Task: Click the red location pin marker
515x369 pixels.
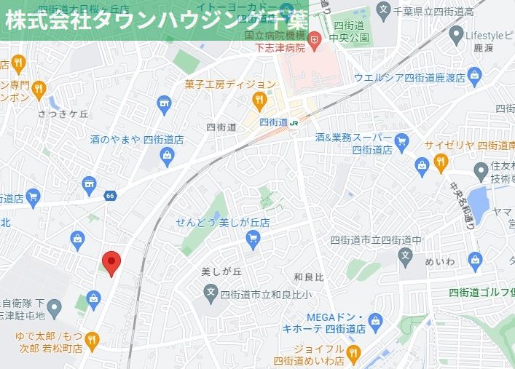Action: coord(110,261)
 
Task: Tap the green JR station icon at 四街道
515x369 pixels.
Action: coord(294,123)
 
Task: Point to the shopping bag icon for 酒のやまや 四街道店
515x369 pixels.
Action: coord(168,154)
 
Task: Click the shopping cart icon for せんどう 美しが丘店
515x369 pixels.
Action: coord(253,237)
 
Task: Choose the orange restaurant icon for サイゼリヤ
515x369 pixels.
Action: coord(440,162)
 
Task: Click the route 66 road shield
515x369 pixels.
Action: coord(110,196)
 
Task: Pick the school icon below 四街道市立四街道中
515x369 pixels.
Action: coord(406,255)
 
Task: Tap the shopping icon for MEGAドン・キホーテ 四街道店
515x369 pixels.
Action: coord(376,321)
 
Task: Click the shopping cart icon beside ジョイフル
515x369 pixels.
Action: coord(353,354)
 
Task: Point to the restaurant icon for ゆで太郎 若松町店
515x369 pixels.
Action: coord(91,338)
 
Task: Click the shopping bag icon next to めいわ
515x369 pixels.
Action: coord(476,259)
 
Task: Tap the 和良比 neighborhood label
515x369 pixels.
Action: coord(308,277)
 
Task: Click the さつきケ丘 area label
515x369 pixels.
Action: coord(63,114)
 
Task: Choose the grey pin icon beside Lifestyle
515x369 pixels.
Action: coord(456,35)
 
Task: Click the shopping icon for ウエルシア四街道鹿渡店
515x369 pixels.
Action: coord(475,74)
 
